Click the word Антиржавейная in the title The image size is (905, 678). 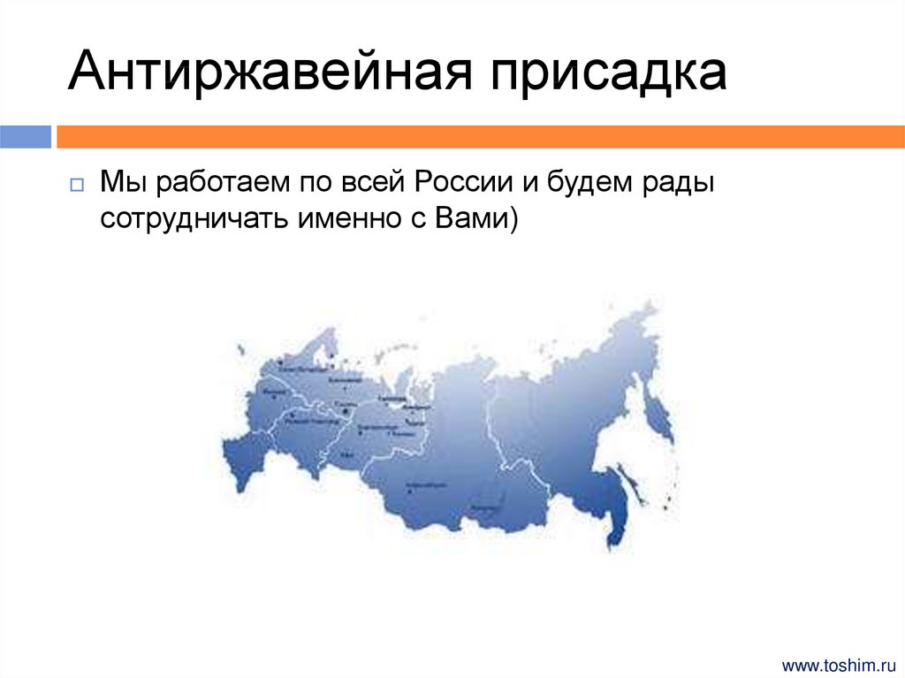pos(266,72)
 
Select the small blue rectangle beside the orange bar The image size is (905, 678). pos(26,137)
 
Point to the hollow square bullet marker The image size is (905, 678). pos(76,185)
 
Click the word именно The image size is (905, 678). pos(341,218)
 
